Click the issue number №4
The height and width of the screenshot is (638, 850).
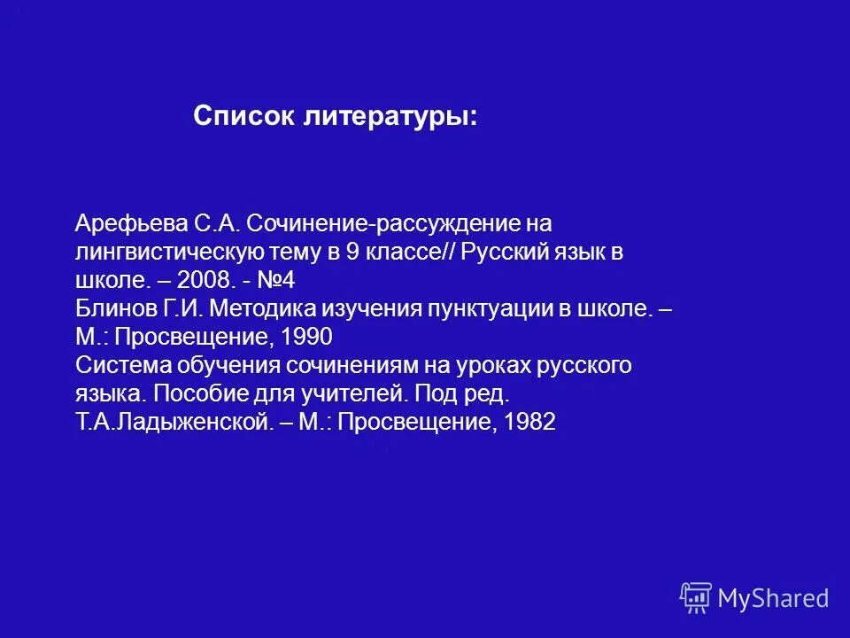click(281, 282)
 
